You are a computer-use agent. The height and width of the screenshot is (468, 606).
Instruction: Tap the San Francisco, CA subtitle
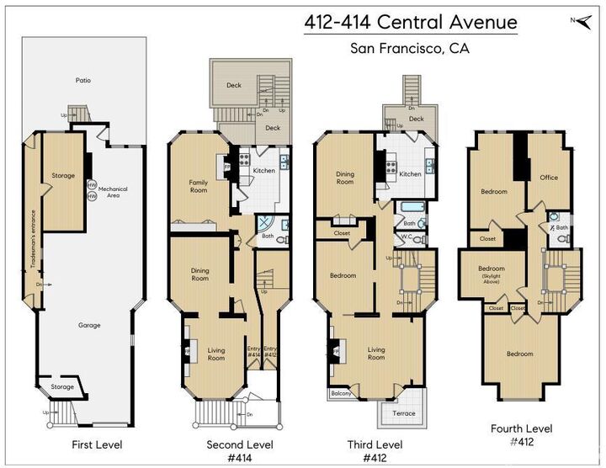410,48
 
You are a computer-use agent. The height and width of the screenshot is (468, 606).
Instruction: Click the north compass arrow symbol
583,19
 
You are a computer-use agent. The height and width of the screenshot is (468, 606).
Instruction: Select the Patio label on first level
82,81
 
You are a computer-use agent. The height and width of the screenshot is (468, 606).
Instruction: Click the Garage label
89,325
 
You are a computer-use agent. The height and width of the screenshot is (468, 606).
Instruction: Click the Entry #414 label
253,352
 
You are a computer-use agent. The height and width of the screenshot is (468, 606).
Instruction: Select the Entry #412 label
270,352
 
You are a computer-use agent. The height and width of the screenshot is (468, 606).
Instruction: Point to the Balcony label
341,393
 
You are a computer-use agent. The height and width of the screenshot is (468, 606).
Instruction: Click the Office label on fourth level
549,178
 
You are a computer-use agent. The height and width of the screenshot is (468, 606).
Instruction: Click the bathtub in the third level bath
412,206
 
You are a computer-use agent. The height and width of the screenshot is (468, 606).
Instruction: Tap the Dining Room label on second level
199,274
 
